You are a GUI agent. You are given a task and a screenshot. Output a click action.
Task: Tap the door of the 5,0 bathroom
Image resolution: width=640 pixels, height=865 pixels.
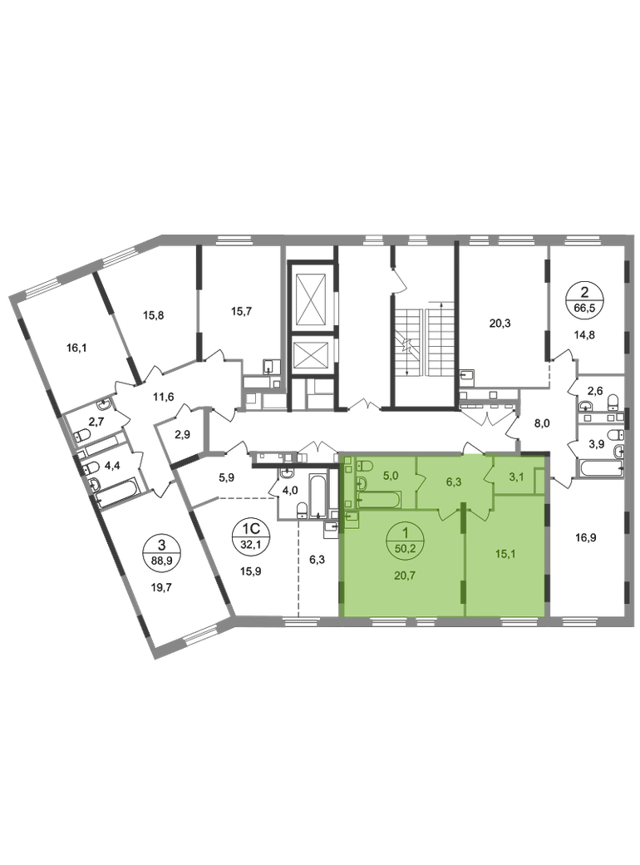tap(421, 480)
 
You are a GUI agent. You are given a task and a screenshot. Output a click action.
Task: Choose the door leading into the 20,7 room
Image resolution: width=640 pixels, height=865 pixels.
tap(447, 513)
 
